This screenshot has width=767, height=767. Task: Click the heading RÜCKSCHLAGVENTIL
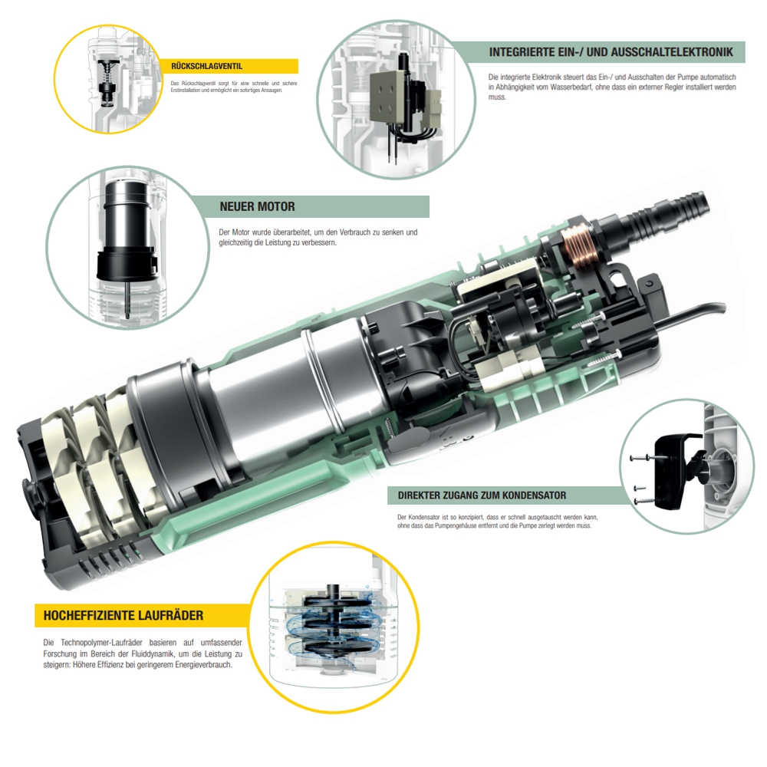[x=206, y=67]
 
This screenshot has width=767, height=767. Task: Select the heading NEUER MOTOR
[x=257, y=206]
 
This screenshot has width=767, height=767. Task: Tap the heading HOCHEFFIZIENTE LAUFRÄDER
[x=123, y=615]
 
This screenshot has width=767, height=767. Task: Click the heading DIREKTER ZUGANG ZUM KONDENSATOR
[x=482, y=495]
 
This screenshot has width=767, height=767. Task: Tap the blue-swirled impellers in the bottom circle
[x=335, y=624]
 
